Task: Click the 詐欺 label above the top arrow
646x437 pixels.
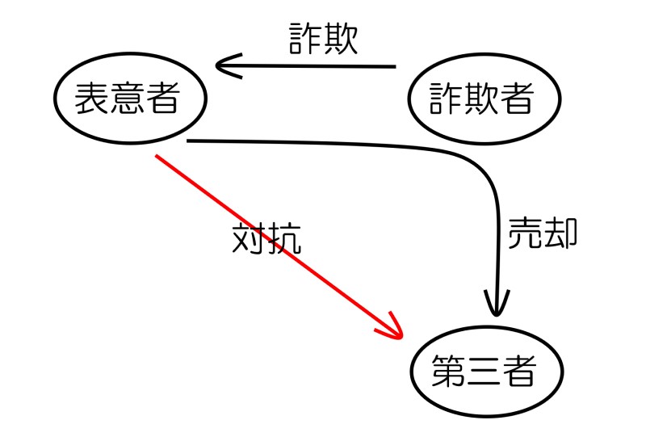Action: point(323,40)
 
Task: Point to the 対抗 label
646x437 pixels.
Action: point(266,238)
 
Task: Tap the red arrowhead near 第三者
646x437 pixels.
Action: point(391,327)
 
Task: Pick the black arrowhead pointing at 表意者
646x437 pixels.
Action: point(226,65)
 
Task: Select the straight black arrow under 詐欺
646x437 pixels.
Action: point(323,66)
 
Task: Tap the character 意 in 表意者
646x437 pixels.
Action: point(128,99)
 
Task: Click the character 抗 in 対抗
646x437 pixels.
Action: point(284,238)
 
